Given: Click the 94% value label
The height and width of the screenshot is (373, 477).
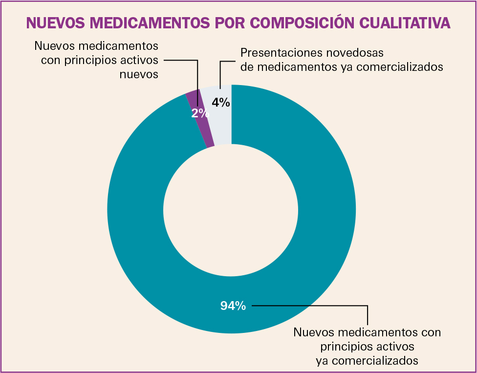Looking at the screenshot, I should (233, 306).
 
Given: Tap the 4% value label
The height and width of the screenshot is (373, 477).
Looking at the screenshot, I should (221, 103).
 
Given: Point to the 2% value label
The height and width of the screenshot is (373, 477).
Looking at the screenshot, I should (200, 113).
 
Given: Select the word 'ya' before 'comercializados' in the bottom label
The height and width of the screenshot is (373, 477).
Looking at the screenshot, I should (322, 361).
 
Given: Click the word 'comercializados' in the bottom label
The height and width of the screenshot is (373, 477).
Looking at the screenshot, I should (376, 361).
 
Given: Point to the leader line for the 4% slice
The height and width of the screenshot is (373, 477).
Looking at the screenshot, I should (220, 73).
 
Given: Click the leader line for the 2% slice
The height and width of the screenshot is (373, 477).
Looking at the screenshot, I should (197, 78).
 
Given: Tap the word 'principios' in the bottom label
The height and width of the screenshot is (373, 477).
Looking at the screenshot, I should (346, 347).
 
